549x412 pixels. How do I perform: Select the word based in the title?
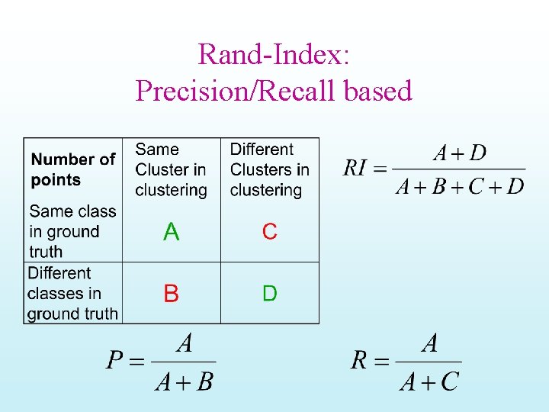coord(377,91)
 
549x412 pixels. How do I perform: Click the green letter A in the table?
coord(172,232)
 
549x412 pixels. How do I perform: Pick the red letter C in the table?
coord(269,232)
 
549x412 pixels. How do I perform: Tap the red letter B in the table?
coord(172,294)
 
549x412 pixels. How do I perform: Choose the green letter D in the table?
coord(269,294)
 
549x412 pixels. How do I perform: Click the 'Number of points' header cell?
coord(72,169)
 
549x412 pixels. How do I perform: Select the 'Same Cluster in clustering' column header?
coord(170,169)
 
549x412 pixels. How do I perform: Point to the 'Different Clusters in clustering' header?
coord(269,169)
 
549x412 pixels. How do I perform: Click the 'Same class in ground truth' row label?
coord(72,231)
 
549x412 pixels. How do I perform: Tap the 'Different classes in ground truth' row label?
coord(72,293)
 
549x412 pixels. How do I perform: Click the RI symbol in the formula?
coord(356,168)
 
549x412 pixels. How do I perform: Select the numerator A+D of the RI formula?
coord(459,153)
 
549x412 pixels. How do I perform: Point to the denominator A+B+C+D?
coord(460,186)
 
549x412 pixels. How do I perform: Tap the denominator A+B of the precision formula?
coord(184,379)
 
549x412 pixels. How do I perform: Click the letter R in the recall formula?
coord(360,360)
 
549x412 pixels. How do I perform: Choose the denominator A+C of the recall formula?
coord(429,379)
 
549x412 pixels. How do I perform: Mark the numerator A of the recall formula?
coord(430,344)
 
